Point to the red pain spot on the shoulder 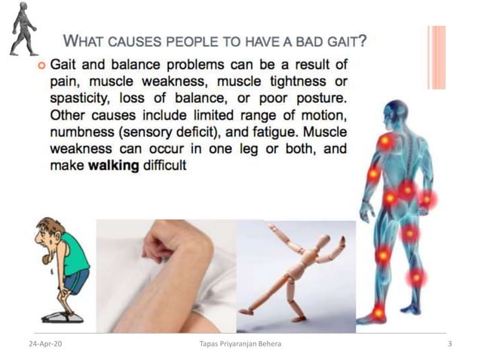click(x=385, y=141)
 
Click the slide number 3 click(x=449, y=345)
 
